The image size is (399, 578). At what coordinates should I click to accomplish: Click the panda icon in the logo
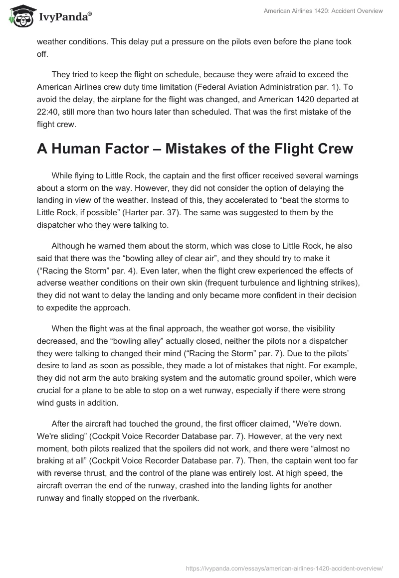[19, 16]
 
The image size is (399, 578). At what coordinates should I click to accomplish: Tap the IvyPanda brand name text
[63, 17]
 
